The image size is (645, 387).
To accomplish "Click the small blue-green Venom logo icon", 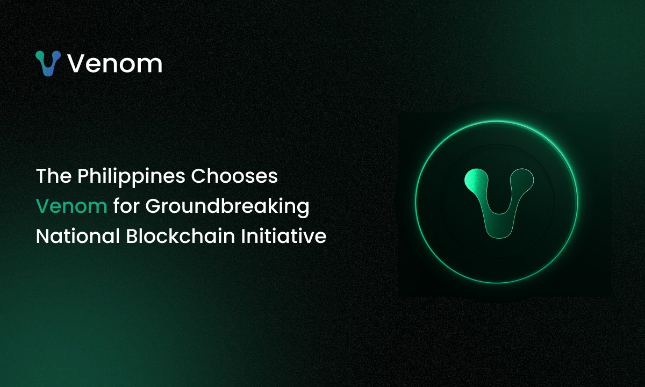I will (x=48, y=63).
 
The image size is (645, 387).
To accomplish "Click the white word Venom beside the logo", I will (x=114, y=63).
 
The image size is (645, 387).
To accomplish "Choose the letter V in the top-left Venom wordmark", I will (x=76, y=63).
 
